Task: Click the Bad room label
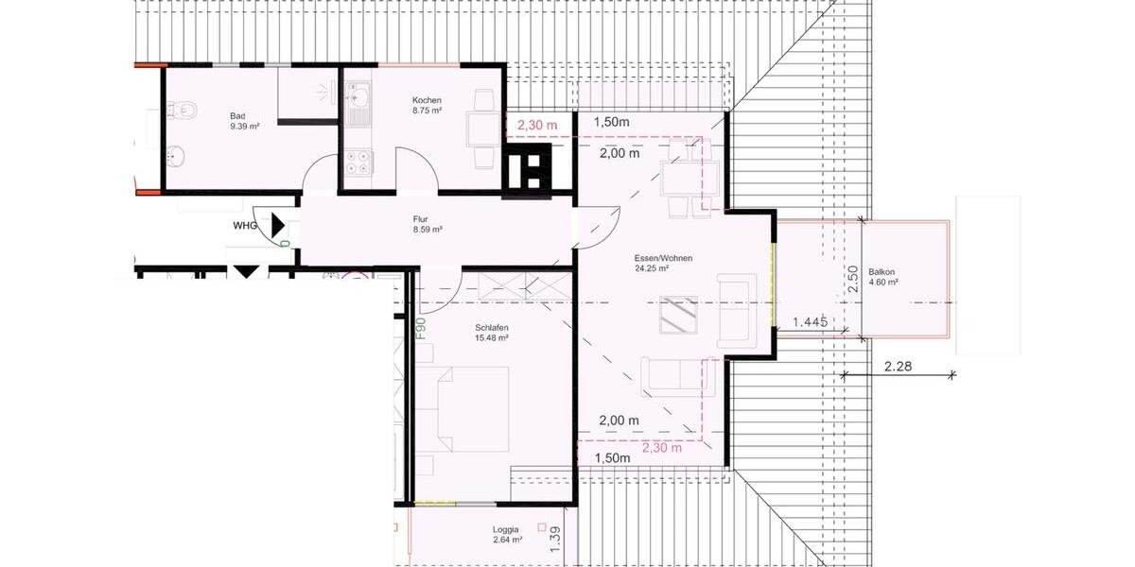[237, 116]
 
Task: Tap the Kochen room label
[427, 100]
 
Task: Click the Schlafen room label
[492, 328]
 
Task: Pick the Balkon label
[882, 272]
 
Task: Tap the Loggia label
[507, 530]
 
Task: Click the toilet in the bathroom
[183, 112]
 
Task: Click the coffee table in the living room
[679, 316]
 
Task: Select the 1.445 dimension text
[810, 322]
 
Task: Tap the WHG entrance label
[246, 226]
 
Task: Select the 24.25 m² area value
[653, 268]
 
